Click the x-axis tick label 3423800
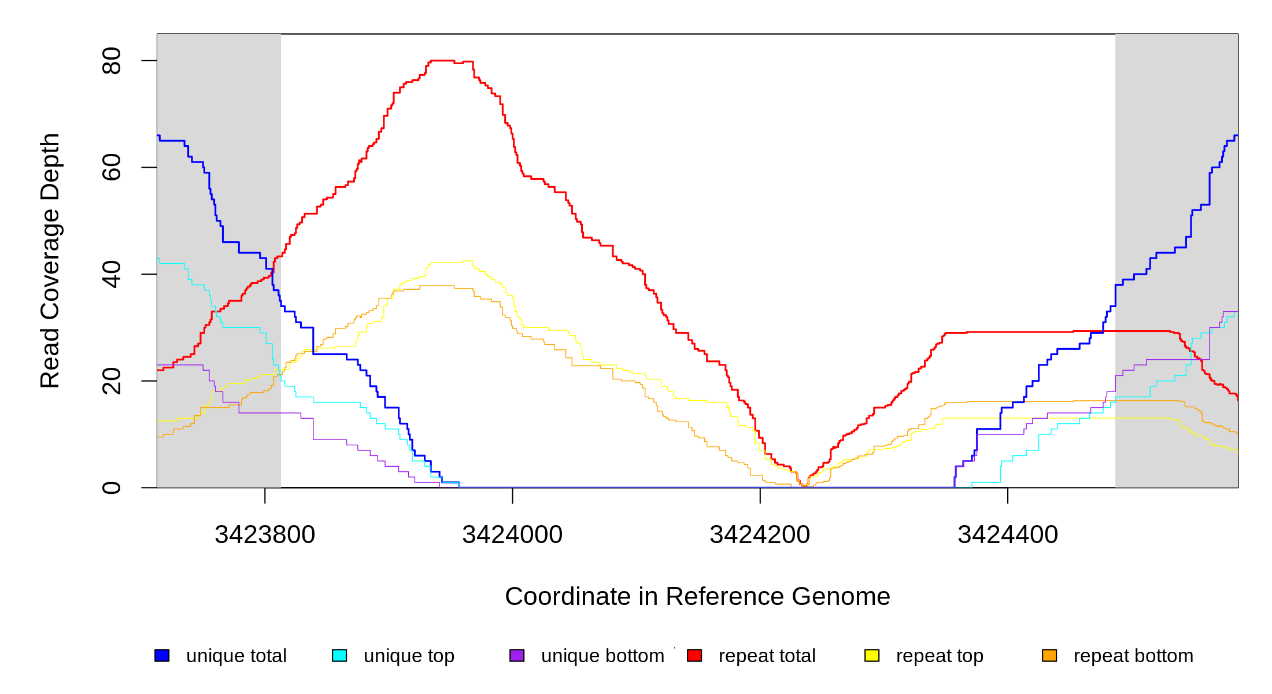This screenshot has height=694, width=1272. coord(265,535)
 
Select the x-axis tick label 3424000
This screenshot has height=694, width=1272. coord(512,535)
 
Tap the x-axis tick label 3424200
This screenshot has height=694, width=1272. coord(760,535)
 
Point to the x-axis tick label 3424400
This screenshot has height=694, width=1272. coord(1008,535)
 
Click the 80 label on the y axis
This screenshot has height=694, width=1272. coord(111,61)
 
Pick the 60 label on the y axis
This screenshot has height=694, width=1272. coord(111,168)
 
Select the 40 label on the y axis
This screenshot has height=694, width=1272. coord(111,274)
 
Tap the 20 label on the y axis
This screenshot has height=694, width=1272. coord(111,381)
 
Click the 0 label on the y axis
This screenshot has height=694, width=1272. coord(111,488)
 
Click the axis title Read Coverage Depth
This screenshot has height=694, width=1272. coord(50,261)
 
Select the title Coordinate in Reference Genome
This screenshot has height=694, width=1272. coord(697,596)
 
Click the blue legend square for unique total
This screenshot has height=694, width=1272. coord(162,655)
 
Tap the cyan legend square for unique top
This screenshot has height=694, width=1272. coord(339,655)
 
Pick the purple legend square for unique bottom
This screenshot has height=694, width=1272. coord(517,655)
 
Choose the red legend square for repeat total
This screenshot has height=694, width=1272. coord(694,655)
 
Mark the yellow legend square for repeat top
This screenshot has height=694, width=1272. coord(872,655)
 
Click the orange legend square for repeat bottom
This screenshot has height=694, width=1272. coord(1049,655)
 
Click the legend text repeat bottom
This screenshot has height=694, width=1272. coord(1133,656)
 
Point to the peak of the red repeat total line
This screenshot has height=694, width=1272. coord(442,60)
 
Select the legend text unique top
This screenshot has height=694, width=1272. coord(409,656)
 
